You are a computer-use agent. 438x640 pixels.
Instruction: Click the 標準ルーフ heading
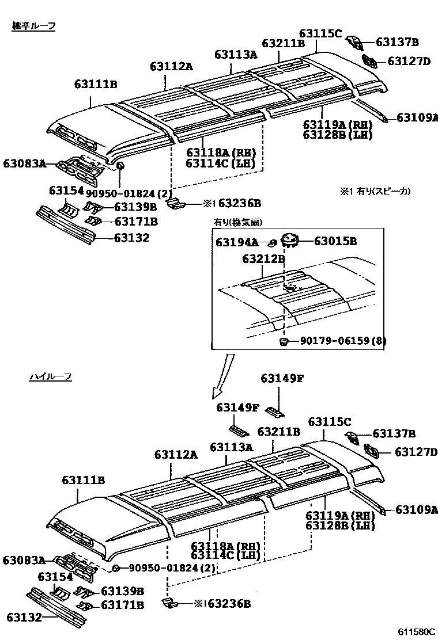(x=33, y=27)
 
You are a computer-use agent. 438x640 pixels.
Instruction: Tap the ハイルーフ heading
(x=50, y=377)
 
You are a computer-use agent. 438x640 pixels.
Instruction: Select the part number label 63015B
(x=335, y=241)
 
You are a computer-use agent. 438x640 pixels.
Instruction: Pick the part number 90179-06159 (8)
(x=342, y=341)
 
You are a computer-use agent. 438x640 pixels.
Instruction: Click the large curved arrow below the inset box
(x=224, y=377)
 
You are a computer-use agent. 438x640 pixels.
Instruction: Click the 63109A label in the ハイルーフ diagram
(x=417, y=509)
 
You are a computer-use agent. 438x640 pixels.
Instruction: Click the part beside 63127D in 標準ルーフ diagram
(x=369, y=60)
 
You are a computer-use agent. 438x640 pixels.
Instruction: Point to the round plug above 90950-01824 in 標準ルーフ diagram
(x=120, y=167)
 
